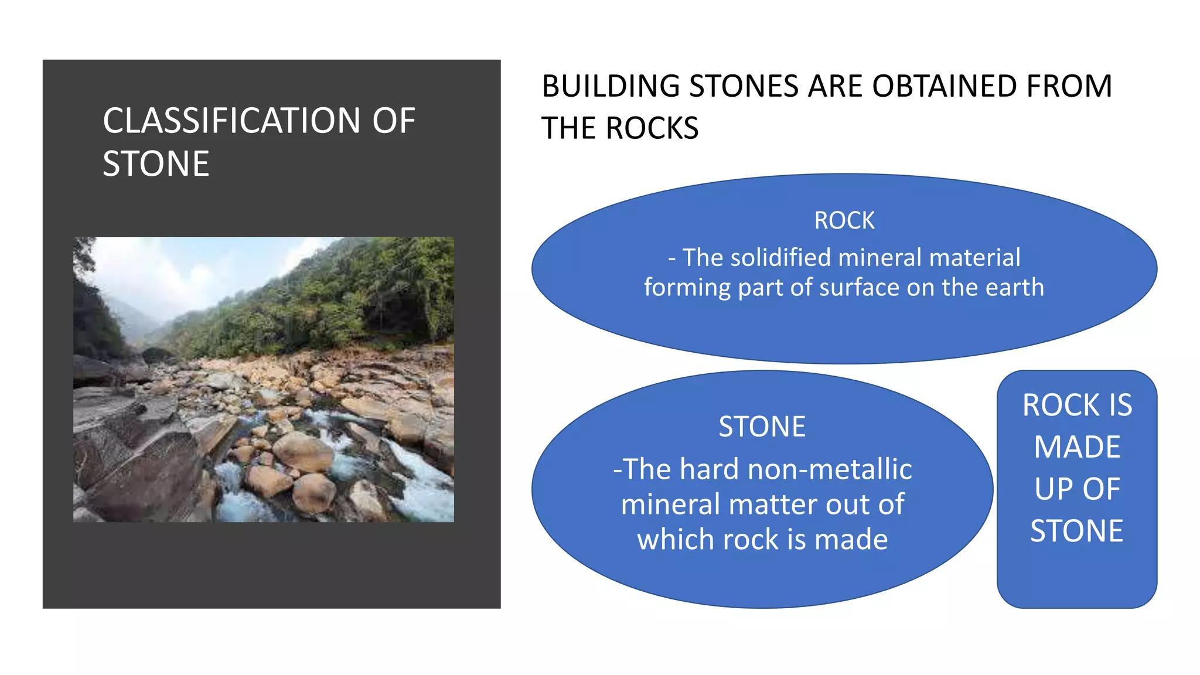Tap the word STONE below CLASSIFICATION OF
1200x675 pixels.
tap(156, 163)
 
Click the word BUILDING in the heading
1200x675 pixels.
tap(611, 86)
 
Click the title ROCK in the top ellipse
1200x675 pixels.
tap(844, 220)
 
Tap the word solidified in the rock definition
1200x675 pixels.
tap(776, 258)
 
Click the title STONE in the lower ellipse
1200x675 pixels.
tap(762, 427)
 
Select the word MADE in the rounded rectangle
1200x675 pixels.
tap(1077, 447)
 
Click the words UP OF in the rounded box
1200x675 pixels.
tap(1077, 489)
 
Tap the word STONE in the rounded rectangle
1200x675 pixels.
tap(1077, 531)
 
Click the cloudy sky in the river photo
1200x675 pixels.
tap(176, 270)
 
